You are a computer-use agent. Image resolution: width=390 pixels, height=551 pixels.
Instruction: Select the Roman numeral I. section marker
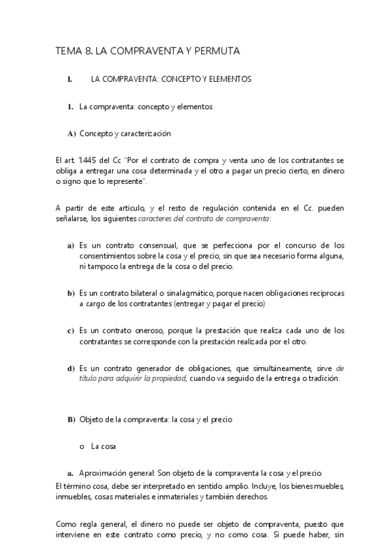(70, 79)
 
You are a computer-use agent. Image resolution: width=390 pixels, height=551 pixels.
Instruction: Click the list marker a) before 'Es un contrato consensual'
(70, 246)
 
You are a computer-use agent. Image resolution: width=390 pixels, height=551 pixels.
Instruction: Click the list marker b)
(70, 293)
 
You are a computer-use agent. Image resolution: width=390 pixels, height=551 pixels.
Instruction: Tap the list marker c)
(70, 331)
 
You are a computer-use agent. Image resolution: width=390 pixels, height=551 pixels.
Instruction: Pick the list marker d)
(70, 368)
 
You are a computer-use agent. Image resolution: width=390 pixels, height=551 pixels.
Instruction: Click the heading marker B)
(71, 419)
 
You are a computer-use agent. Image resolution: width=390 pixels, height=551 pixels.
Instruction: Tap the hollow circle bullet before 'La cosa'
(81, 447)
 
